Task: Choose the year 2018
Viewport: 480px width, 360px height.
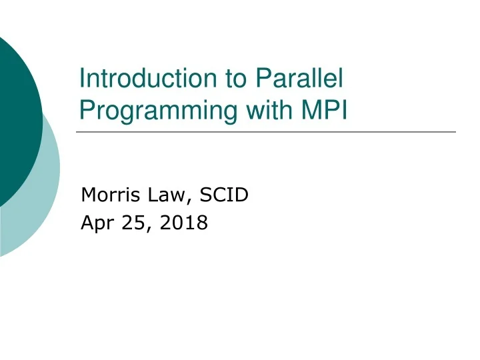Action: [x=184, y=223]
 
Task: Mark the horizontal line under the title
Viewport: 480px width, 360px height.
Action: [x=267, y=132]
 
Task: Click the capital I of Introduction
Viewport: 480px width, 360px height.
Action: [x=82, y=79]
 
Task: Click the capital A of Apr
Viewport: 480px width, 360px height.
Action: [x=87, y=223]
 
